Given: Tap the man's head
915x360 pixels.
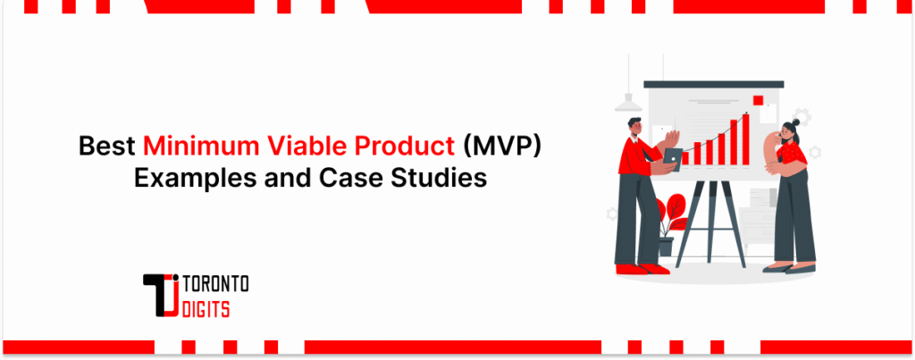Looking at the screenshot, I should tap(634, 127).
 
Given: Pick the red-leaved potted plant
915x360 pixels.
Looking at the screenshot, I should tap(672, 216).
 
